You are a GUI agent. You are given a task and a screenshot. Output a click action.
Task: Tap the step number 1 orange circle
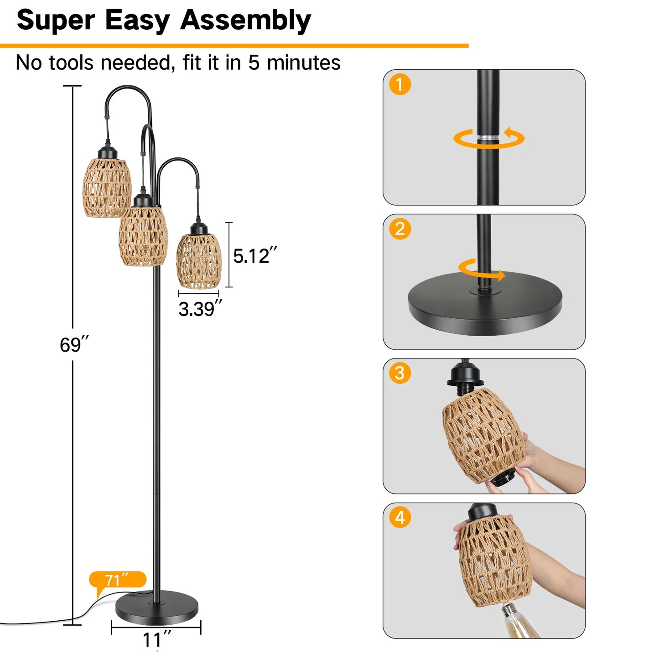click(400, 84)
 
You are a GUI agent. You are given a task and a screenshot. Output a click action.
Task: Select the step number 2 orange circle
click(400, 229)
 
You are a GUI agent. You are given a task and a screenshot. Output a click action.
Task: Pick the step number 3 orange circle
click(400, 373)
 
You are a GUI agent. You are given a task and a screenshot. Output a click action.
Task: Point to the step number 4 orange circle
click(400, 518)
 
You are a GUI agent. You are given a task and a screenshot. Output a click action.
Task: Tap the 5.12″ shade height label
click(254, 256)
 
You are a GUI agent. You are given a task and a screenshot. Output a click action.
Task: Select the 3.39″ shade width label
click(200, 309)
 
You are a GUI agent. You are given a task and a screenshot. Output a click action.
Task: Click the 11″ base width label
click(157, 640)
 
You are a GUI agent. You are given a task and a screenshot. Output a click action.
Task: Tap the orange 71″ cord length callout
click(118, 580)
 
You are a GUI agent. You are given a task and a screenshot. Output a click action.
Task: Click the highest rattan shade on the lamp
click(107, 188)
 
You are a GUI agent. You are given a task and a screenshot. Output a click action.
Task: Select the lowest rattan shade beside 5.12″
click(199, 261)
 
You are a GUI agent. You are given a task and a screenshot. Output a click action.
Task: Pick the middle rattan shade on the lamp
click(143, 236)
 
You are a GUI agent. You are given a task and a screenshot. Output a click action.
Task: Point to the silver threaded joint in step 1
click(488, 138)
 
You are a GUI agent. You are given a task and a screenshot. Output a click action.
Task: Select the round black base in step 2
click(485, 306)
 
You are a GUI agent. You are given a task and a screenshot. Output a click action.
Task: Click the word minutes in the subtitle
click(303, 62)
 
